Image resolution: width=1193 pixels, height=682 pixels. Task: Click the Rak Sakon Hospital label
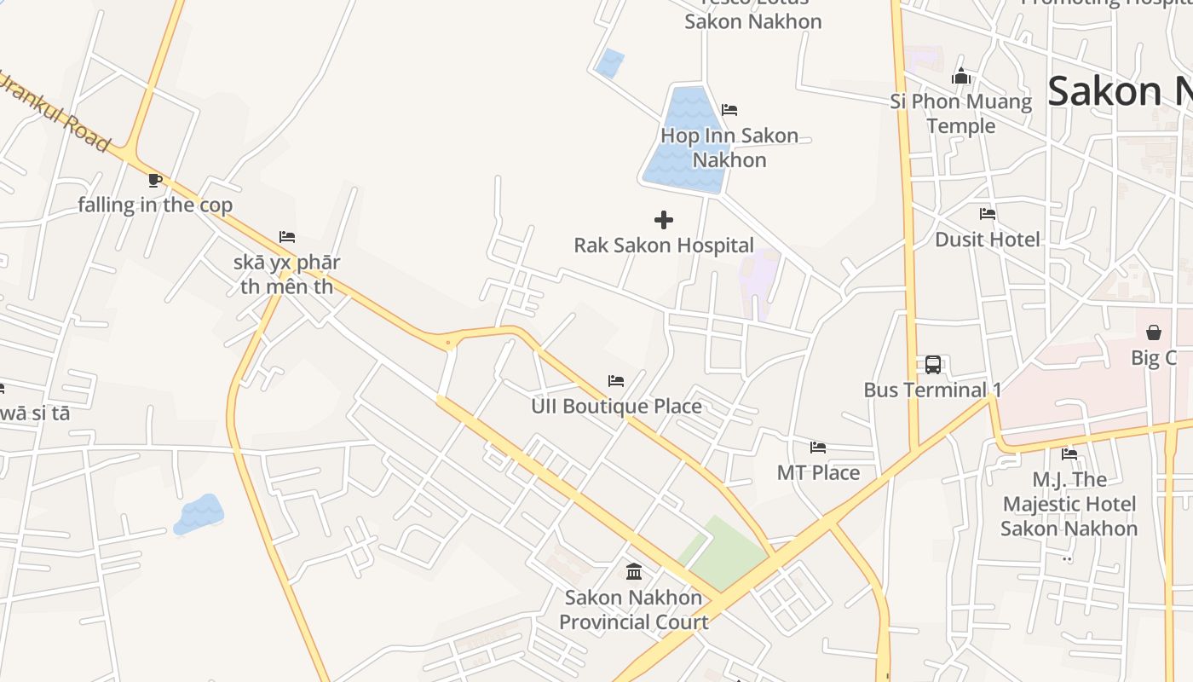tap(664, 246)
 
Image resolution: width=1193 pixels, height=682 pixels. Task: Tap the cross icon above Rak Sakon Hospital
tap(664, 220)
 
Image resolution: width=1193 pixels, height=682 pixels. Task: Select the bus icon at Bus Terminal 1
tap(933, 365)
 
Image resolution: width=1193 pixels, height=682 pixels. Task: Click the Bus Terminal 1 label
tap(932, 390)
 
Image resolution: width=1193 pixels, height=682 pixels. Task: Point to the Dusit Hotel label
tap(988, 240)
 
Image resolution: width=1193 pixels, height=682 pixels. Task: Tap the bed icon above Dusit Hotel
tap(988, 214)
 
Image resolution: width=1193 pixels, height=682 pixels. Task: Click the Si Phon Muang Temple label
tap(961, 113)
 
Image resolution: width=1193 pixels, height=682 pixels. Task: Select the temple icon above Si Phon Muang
tap(961, 77)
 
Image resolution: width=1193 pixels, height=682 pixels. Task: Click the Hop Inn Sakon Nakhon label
tap(729, 147)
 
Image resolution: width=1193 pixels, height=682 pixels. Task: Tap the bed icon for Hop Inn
tap(729, 110)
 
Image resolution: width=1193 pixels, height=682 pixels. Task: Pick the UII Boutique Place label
tap(616, 406)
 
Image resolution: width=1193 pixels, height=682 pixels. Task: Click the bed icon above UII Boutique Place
tap(616, 381)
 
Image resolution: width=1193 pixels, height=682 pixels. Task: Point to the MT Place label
tap(818, 472)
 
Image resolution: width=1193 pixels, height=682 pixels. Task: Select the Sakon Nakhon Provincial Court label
tap(633, 610)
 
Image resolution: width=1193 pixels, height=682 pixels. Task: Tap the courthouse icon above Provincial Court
tap(634, 571)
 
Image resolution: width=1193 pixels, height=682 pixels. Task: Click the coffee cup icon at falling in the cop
tap(154, 180)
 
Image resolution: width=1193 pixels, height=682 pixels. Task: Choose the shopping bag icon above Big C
tap(1154, 332)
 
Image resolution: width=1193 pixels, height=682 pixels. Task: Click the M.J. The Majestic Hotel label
tap(1069, 504)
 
